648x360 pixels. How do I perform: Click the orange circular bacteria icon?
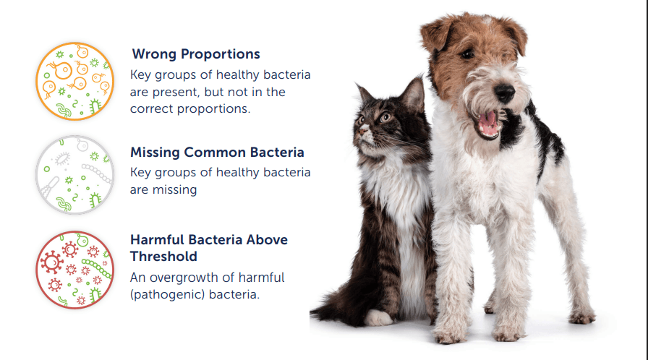[74, 82]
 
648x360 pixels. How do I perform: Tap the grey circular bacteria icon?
[74, 175]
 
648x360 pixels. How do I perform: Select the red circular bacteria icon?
[74, 270]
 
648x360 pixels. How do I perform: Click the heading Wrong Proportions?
[196, 54]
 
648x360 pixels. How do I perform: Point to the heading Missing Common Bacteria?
[217, 153]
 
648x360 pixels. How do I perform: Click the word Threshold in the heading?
[163, 257]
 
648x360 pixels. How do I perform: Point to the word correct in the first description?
[152, 109]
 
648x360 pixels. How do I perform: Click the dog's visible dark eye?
[468, 53]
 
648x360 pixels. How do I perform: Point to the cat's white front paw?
[378, 318]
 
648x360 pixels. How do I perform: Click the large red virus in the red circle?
[51, 262]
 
